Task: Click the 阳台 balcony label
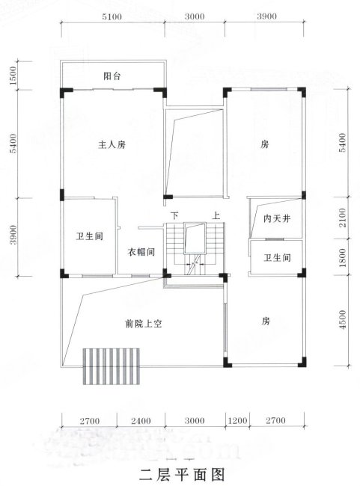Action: (x=112, y=76)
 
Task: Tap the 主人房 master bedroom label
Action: (x=112, y=145)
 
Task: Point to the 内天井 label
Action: (x=276, y=219)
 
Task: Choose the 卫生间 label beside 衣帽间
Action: (x=89, y=236)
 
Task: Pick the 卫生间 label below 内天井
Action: (x=276, y=258)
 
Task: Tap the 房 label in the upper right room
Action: (x=265, y=144)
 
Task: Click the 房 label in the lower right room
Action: (x=265, y=321)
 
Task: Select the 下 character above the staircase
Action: (x=174, y=215)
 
